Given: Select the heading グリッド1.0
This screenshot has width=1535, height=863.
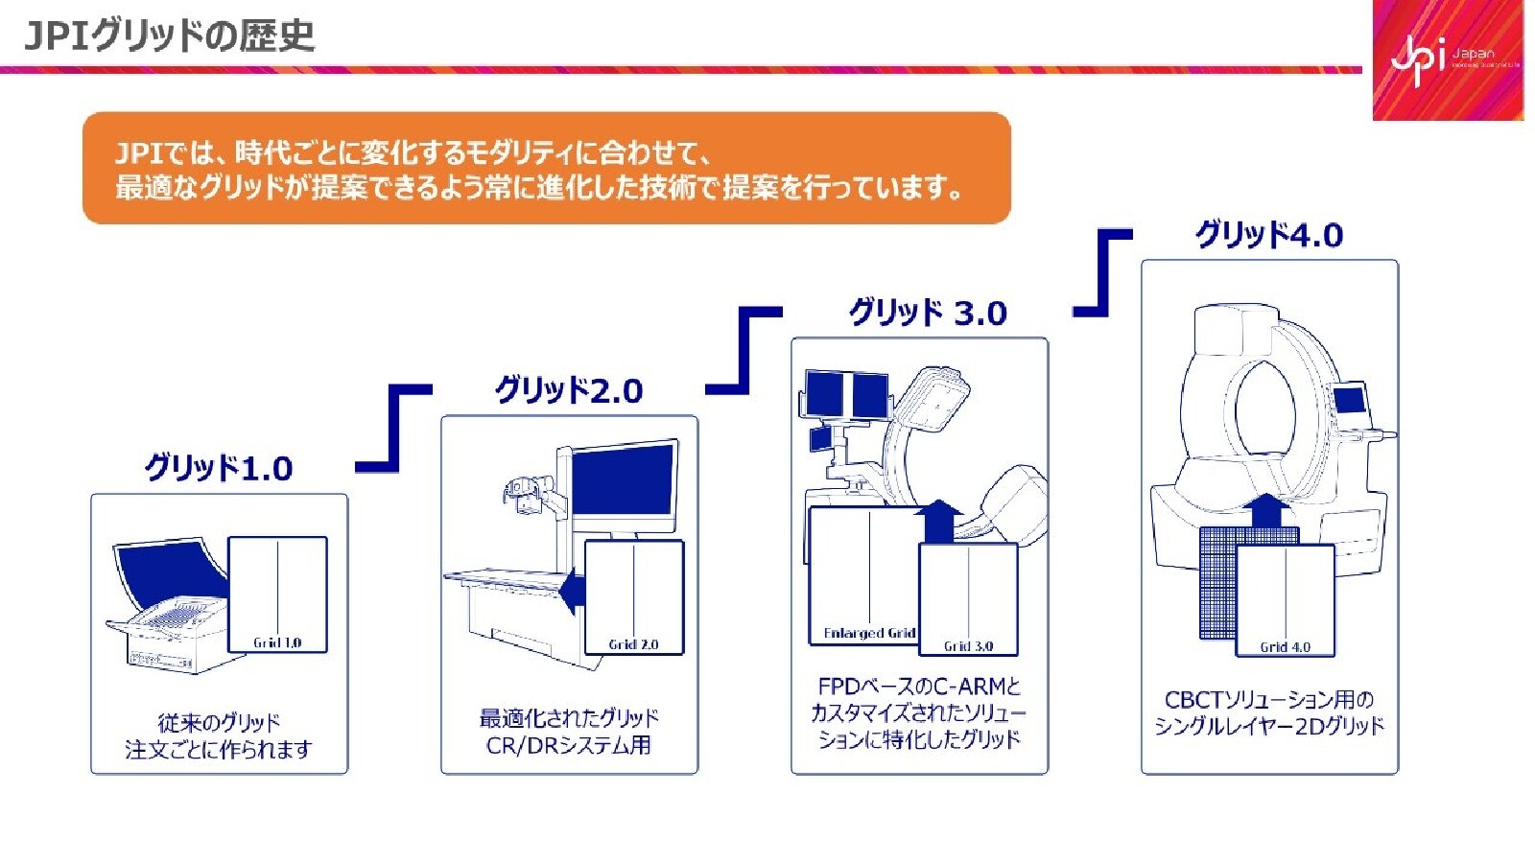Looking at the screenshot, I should pyautogui.click(x=219, y=468).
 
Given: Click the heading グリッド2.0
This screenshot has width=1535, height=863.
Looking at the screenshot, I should pyautogui.click(x=569, y=390).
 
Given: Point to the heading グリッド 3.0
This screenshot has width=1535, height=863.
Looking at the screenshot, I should pyautogui.click(x=928, y=313).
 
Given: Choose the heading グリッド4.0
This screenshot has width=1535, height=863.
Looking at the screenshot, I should pyautogui.click(x=1268, y=235).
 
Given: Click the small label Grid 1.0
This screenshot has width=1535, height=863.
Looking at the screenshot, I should pyautogui.click(x=277, y=642).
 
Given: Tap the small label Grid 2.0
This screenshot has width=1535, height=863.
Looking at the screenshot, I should pyautogui.click(x=633, y=644).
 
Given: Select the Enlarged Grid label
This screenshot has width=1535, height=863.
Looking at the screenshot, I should pyautogui.click(x=869, y=633).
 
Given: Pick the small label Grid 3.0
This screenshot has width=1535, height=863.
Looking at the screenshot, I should pyautogui.click(x=968, y=646).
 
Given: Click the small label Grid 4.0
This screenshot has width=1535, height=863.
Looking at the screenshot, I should pyautogui.click(x=1285, y=647).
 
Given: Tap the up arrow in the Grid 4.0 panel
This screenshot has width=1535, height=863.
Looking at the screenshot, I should pyautogui.click(x=1271, y=509).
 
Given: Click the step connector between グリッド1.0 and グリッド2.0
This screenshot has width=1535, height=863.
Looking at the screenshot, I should pyautogui.click(x=394, y=428).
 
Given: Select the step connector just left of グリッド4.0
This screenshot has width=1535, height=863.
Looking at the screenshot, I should pyautogui.click(x=1102, y=272).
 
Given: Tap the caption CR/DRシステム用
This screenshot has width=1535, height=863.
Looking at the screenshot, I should pyautogui.click(x=569, y=745).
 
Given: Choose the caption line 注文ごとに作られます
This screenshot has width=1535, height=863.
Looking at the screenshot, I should pyautogui.click(x=219, y=749).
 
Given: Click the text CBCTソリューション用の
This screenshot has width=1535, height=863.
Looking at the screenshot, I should pyautogui.click(x=1268, y=700).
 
